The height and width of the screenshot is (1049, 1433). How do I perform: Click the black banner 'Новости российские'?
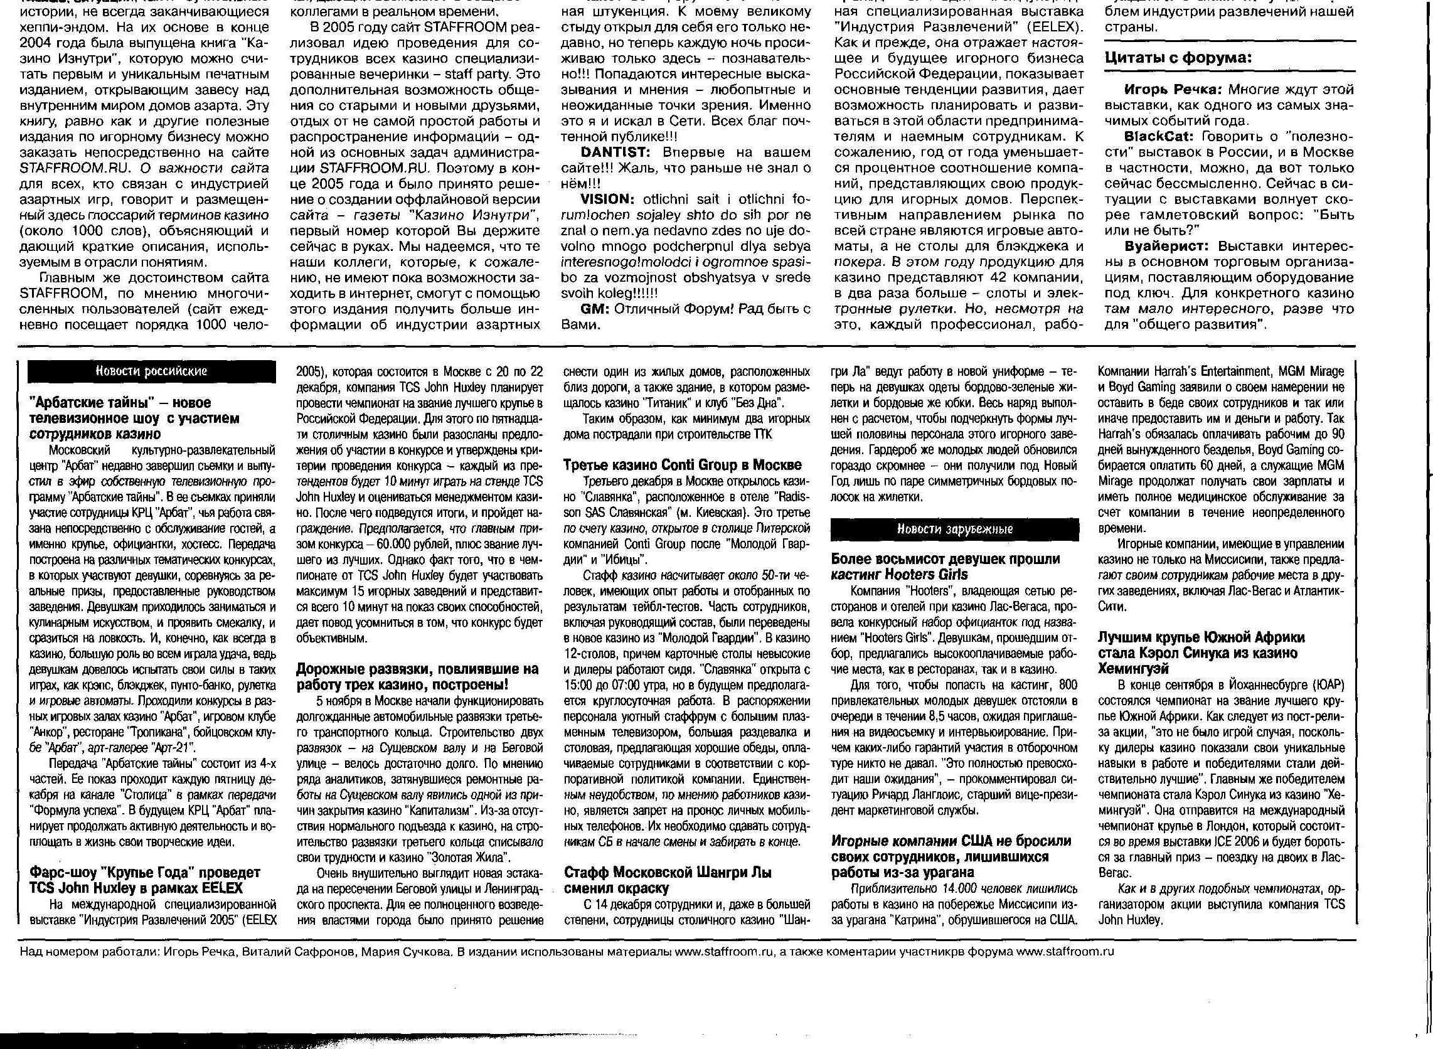[151, 371]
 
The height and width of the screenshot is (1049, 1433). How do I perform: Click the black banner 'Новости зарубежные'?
[954, 529]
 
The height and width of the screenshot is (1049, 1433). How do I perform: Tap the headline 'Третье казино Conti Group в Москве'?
[683, 465]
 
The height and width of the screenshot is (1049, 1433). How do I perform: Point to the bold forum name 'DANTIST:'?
[615, 152]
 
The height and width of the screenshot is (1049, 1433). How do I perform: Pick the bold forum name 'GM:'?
[595, 309]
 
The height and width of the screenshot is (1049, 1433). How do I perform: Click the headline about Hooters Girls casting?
[946, 567]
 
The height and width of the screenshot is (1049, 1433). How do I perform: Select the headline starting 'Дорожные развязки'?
[417, 677]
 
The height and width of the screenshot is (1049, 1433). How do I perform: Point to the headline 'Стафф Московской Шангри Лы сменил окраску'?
[668, 880]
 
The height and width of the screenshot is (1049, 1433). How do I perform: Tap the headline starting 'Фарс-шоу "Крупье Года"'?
[145, 880]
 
